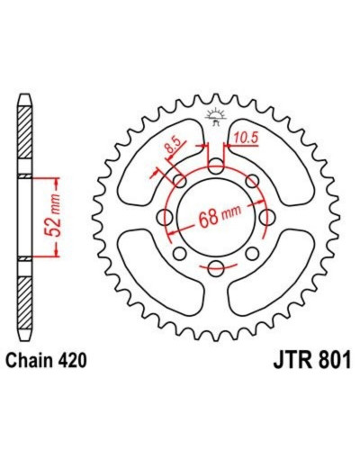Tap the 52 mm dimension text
click(x=53, y=217)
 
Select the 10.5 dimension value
click(x=246, y=138)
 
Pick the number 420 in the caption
click(x=73, y=360)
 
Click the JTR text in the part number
click(x=291, y=359)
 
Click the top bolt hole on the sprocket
click(x=216, y=166)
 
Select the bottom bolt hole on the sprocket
click(x=216, y=268)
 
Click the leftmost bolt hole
click(x=165, y=217)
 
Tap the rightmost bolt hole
click(x=267, y=217)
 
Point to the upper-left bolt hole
click(x=180, y=181)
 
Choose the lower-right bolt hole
click(x=252, y=254)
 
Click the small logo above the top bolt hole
click(x=215, y=117)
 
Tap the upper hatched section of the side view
click(x=25, y=132)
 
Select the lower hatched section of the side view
click(x=25, y=303)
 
